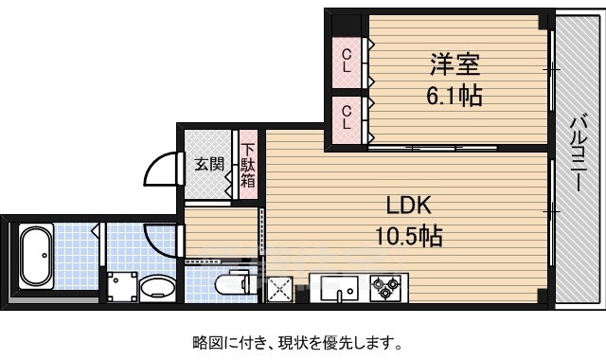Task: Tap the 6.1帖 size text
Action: pos(454,96)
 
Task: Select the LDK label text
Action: pos(409,206)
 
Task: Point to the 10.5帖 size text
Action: pos(409,236)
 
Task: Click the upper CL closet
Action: pos(347,63)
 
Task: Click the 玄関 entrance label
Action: pos(208,164)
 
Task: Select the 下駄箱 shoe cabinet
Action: pos(248,165)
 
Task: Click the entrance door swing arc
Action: pos(150,163)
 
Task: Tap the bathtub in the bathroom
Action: pos(37,256)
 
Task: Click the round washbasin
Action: pos(157,287)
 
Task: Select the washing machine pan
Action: pos(122,286)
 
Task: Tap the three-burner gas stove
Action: pos(385,288)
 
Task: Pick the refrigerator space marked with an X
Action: pos(279,289)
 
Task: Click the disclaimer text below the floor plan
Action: pos(297,343)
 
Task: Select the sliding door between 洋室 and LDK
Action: pos(433,148)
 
